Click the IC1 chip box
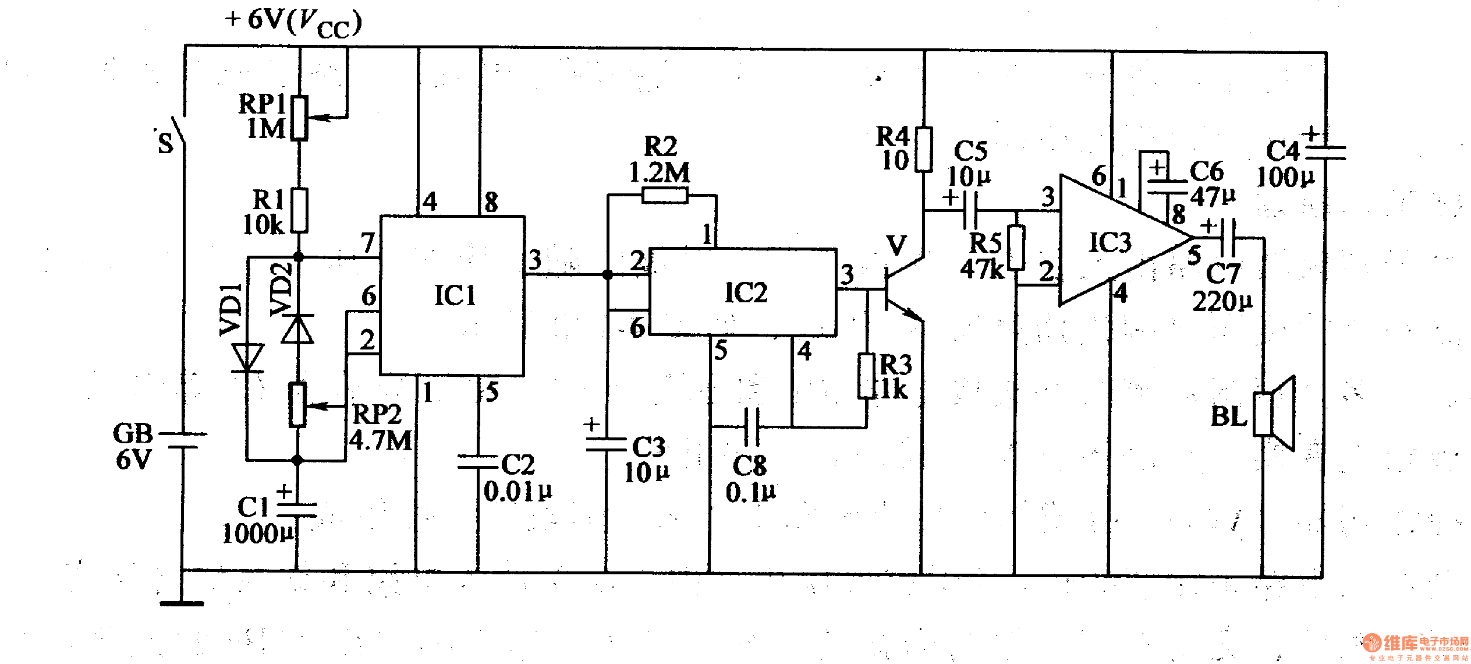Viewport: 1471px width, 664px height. point(452,295)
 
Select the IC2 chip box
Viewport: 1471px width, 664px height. point(743,292)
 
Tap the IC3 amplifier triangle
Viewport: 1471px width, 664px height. point(1112,242)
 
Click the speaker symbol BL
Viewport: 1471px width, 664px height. point(1274,414)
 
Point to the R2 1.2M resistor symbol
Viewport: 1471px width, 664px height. point(665,195)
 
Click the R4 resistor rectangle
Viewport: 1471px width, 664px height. point(923,150)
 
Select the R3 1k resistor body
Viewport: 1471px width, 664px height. point(867,376)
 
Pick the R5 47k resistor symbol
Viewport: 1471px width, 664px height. point(1016,248)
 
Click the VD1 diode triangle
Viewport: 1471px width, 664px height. point(247,357)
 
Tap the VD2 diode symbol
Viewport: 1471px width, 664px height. point(297,329)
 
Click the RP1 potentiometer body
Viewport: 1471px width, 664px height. point(299,118)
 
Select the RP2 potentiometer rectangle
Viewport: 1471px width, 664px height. point(297,405)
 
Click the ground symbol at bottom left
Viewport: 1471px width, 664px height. point(182,603)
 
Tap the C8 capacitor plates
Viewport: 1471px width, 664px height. point(752,427)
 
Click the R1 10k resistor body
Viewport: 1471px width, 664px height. point(299,210)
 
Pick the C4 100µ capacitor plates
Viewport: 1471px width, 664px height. point(1325,153)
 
